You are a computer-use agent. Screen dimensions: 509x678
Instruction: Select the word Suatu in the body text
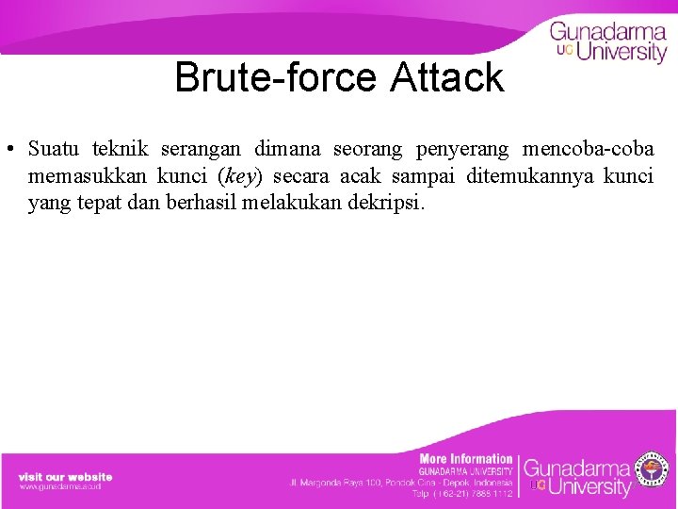54,149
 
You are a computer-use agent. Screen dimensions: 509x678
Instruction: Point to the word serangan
202,149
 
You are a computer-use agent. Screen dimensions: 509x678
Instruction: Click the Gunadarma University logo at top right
608,42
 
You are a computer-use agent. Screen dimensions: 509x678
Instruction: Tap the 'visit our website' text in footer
65,477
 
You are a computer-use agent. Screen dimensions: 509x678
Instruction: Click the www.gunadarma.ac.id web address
60,486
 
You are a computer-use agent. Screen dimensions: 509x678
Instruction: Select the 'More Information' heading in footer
466,459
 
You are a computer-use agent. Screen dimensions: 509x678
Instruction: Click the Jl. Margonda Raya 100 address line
400,483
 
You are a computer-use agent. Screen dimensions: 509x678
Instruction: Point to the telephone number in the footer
462,493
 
